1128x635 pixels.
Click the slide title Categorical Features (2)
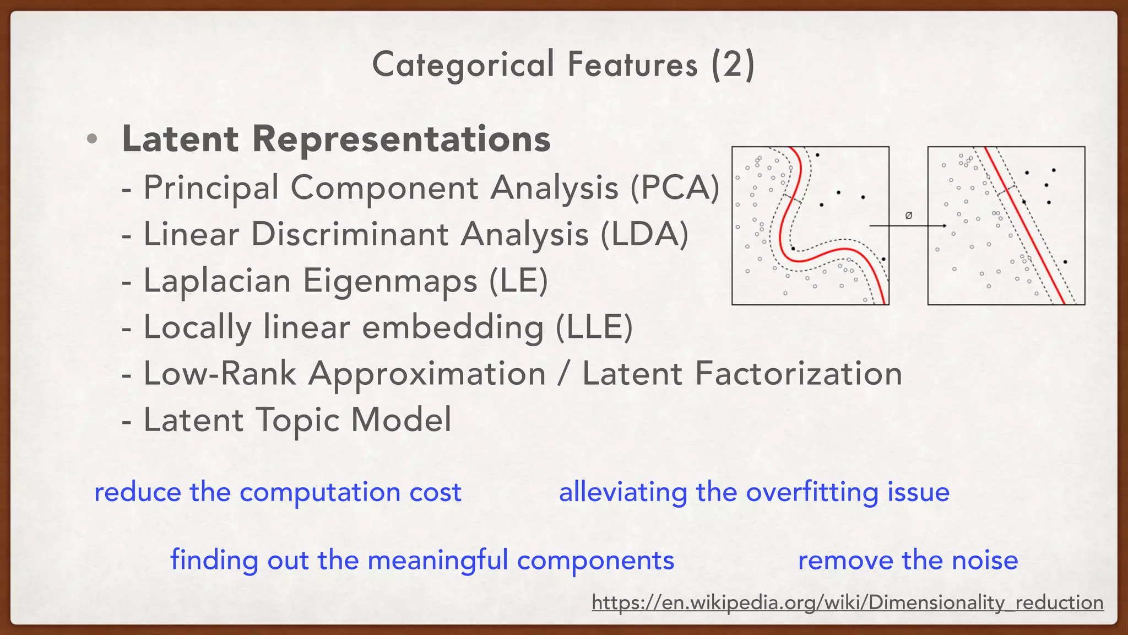tap(563, 64)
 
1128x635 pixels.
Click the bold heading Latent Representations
tap(336, 138)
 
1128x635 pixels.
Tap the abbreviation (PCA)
tap(675, 187)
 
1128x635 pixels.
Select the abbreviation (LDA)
tap(644, 234)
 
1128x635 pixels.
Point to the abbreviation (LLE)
tap(594, 327)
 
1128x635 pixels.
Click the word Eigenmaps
tap(390, 281)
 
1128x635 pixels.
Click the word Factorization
tap(798, 374)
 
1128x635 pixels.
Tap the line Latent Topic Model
tap(297, 420)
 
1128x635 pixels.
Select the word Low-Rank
tap(220, 374)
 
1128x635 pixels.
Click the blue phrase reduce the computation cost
tap(278, 492)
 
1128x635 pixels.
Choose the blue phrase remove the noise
tap(908, 561)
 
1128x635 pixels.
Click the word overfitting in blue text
tap(812, 492)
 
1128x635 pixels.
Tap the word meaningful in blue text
tap(438, 561)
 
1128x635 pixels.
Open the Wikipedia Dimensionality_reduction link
tap(848, 602)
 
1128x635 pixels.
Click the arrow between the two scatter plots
tap(908, 225)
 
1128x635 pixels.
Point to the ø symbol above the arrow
tap(909, 216)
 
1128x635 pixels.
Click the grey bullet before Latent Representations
tap(92, 139)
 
